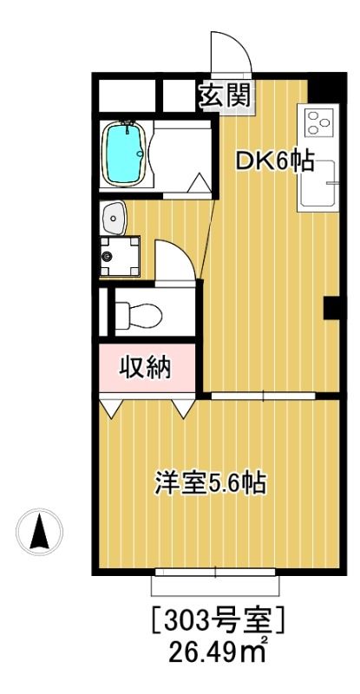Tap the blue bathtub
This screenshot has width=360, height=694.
pos(124,154)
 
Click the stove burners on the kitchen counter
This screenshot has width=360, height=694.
pos(316,126)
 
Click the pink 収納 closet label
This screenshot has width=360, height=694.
pos(144,368)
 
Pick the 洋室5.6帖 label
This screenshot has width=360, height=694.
pos(210,481)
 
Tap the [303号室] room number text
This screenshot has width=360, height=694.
pos(219,622)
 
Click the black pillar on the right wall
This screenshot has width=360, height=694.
pos(331,308)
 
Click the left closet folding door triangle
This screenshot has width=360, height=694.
pos(111,406)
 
